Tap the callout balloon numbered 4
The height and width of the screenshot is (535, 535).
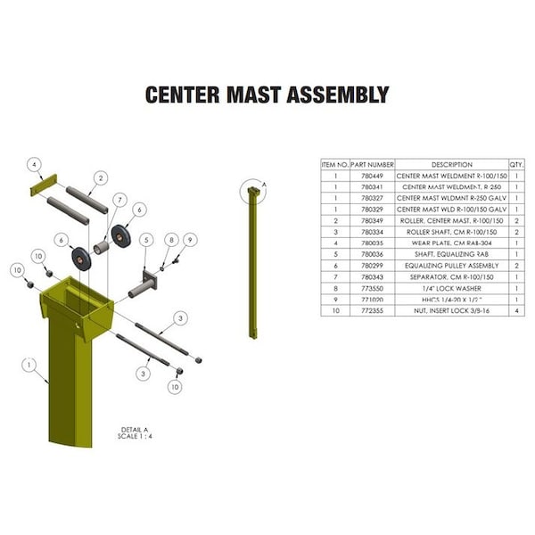coord(34,165)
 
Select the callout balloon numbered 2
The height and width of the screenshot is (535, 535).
coord(101,178)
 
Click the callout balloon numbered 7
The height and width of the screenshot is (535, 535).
coord(119,198)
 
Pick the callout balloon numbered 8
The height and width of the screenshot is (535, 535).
coord(171,240)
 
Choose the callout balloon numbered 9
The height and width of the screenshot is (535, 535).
coord(190,240)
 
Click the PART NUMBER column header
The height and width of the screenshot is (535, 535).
coord(372,165)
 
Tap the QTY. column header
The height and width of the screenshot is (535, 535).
coord(516,165)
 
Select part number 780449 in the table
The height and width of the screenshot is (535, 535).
coord(372,176)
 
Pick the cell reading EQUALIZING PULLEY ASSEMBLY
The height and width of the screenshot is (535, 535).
coord(451,265)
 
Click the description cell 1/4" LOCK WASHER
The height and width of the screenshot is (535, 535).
coord(451,288)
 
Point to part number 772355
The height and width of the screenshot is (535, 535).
coord(372,310)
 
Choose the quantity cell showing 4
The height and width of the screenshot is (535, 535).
coord(516,310)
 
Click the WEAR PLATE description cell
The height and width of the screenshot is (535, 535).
coord(451,243)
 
